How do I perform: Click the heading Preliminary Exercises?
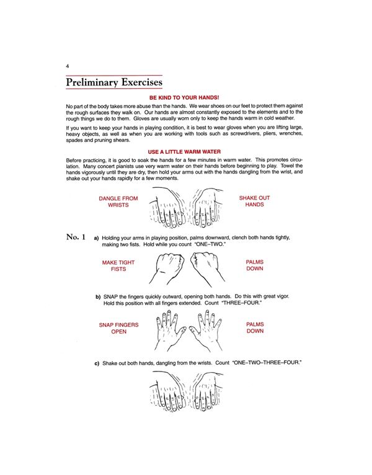tap(114, 82)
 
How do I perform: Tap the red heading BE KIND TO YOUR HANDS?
tap(184, 98)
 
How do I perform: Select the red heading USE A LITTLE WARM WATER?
tap(184, 152)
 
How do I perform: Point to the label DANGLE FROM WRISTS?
tap(118, 202)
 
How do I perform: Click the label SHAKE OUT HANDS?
tap(254, 202)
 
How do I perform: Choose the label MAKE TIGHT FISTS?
tap(118, 266)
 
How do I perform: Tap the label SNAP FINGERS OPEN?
tap(118, 328)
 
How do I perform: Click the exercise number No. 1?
tap(75, 237)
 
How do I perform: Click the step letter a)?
tap(96, 238)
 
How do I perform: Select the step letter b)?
tap(98, 296)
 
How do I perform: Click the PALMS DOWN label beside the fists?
tap(254, 266)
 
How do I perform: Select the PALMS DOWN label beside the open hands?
tap(255, 328)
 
